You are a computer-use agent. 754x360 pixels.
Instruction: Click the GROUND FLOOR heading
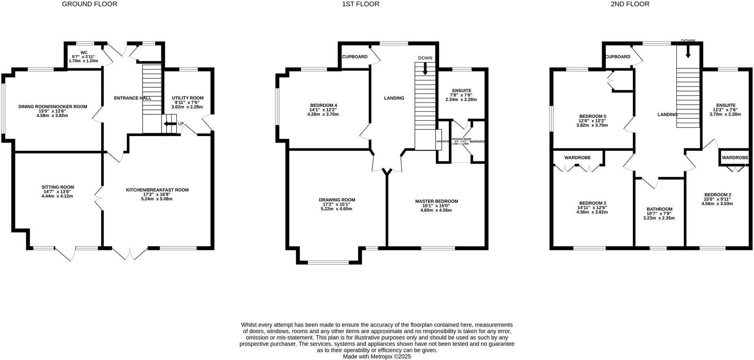[x=89, y=4]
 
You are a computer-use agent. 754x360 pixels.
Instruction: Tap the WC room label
[x=84, y=52]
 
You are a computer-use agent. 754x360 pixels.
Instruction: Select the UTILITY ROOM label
[x=187, y=98]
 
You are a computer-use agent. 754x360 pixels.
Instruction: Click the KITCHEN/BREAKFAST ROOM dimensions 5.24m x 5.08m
[x=157, y=199]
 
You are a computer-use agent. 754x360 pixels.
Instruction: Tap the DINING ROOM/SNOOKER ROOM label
[x=53, y=107]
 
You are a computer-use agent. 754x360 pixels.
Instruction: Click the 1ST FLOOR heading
[x=360, y=4]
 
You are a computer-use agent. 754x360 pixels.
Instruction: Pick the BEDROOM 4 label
[x=323, y=105]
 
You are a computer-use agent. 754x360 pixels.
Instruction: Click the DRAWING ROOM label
[x=337, y=200]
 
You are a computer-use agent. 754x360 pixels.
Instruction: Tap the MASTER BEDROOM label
[x=436, y=201]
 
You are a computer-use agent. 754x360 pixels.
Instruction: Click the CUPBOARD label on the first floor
[x=355, y=56]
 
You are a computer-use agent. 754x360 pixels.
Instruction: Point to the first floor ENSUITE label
[x=461, y=91]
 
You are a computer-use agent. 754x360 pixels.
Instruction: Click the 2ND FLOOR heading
[x=630, y=4]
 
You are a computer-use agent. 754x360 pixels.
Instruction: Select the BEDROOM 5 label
[x=592, y=116]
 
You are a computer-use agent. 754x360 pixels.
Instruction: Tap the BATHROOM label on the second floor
[x=659, y=209]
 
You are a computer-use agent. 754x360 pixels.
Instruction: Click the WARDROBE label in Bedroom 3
[x=577, y=158]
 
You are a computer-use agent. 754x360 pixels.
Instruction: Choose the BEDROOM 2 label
[x=717, y=195]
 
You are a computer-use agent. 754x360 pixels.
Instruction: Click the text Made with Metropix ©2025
[x=377, y=356]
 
